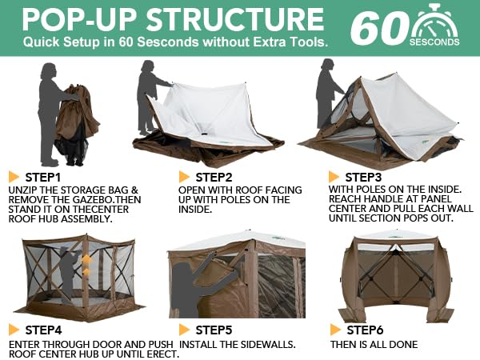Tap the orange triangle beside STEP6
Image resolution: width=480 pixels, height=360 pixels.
[x=336, y=330]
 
